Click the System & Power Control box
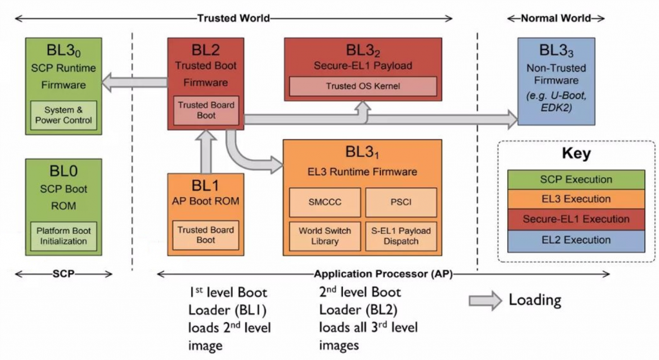[x=64, y=115]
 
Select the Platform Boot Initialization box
[x=64, y=236]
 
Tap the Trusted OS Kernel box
[x=363, y=86]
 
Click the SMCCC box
[x=325, y=203]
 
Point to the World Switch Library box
[x=325, y=236]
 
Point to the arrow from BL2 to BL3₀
[x=135, y=82]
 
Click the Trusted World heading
[x=233, y=18]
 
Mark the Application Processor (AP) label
[x=383, y=274]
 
